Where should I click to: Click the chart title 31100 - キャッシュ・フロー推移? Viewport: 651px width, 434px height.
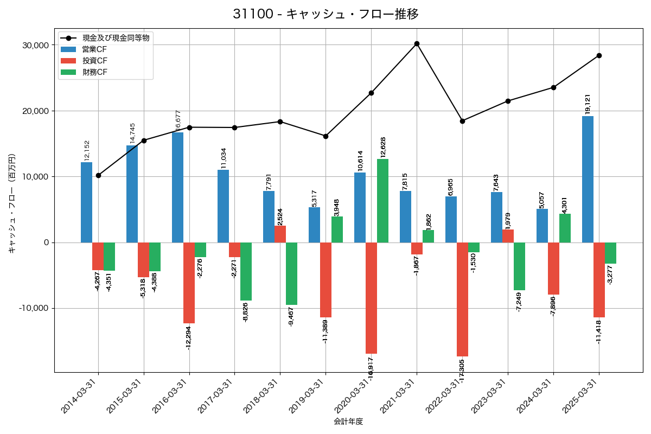[x=325, y=14]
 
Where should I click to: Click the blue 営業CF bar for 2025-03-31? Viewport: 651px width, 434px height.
[x=588, y=179]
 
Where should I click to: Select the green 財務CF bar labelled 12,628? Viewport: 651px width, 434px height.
[x=382, y=201]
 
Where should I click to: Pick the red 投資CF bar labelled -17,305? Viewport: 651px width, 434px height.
[x=462, y=299]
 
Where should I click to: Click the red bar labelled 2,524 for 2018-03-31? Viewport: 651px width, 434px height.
[x=280, y=234]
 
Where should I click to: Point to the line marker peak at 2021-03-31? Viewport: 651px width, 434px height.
[x=417, y=43]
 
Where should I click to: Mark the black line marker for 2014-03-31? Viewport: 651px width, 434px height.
[x=98, y=175]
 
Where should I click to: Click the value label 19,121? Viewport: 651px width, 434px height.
[x=588, y=104]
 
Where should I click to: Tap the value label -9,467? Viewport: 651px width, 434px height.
[x=291, y=316]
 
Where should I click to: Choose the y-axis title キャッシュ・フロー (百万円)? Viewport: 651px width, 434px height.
[x=11, y=203]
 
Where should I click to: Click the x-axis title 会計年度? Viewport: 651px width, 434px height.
[x=348, y=421]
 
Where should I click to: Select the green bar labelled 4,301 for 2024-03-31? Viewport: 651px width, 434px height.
[x=565, y=228]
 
